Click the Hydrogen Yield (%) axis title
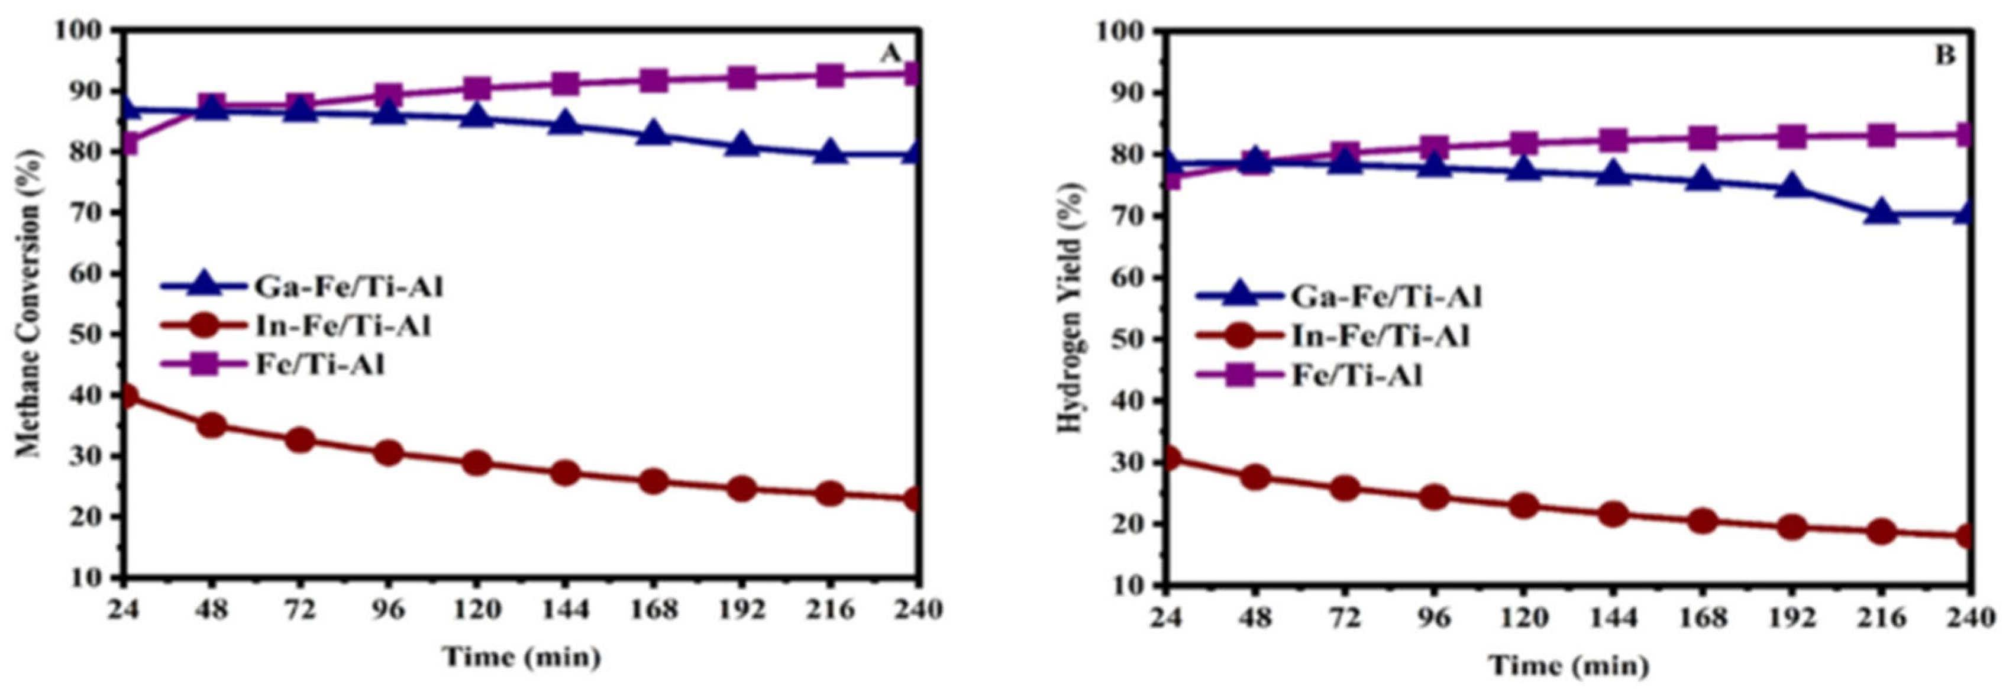click(1071, 308)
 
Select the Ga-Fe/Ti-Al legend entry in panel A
click(348, 287)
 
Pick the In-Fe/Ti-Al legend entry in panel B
click(1380, 336)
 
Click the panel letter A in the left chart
click(891, 54)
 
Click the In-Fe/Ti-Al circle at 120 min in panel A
click(476, 463)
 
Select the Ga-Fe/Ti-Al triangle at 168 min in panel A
click(654, 135)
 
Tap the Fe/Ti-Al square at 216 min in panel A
click(830, 76)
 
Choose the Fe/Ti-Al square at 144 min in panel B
click(1613, 140)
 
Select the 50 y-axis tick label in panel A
click(84, 334)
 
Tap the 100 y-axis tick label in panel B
click(1120, 31)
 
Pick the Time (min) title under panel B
click(1569, 665)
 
